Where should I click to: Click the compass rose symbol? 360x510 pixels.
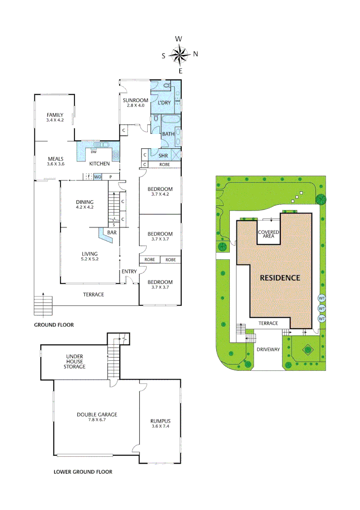[x=180, y=55]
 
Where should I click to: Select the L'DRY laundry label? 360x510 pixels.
[x=164, y=102]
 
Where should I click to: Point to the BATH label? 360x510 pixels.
[x=168, y=134]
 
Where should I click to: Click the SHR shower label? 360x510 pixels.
[x=163, y=155]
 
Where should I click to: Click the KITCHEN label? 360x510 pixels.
[x=100, y=164]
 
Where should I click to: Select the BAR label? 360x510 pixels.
[x=112, y=233]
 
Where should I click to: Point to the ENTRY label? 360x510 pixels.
[x=129, y=272]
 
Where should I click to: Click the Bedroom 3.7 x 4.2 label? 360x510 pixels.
[x=160, y=191]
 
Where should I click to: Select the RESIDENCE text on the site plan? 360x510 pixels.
[x=280, y=278]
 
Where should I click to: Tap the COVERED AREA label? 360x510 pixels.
[x=268, y=234]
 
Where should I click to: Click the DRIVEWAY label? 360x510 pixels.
[x=268, y=349]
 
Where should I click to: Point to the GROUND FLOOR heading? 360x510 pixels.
[x=54, y=325]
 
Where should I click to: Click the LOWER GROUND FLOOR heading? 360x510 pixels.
[x=83, y=472]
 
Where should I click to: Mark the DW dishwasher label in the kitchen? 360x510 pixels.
[x=93, y=152]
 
